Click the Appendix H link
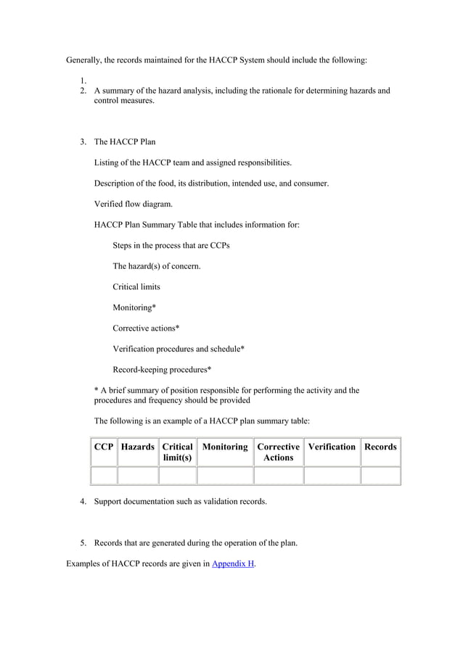coord(232,563)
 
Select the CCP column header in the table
coord(104,447)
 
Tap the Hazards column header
coord(138,447)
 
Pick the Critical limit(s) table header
coord(178,452)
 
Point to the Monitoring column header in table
coord(225,447)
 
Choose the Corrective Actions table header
coord(278,452)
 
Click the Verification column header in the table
coord(332,447)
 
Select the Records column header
coord(380,447)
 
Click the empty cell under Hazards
coord(138,476)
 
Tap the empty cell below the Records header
coord(380,476)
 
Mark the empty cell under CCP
coord(104,476)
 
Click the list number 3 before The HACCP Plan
coord(83,141)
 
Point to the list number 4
coord(83,501)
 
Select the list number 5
coord(83,543)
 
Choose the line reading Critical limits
coord(136,287)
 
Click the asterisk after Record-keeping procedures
coord(210,370)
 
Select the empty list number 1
coord(83,80)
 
